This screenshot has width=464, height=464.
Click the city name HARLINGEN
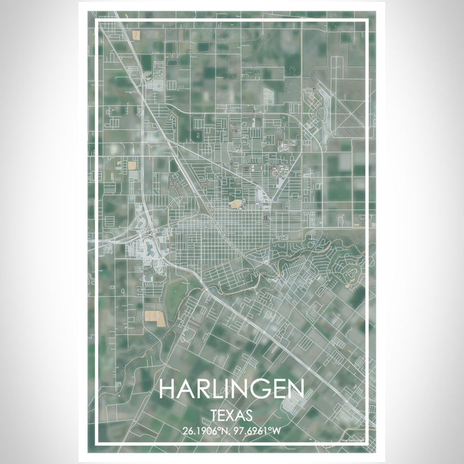[231, 389]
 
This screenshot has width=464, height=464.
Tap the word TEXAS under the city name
[231, 416]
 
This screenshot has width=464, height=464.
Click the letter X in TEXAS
[231, 416]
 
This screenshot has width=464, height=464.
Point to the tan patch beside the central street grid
[235, 204]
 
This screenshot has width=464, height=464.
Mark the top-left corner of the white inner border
[97, 22]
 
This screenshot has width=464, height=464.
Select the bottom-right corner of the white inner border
[367, 441]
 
